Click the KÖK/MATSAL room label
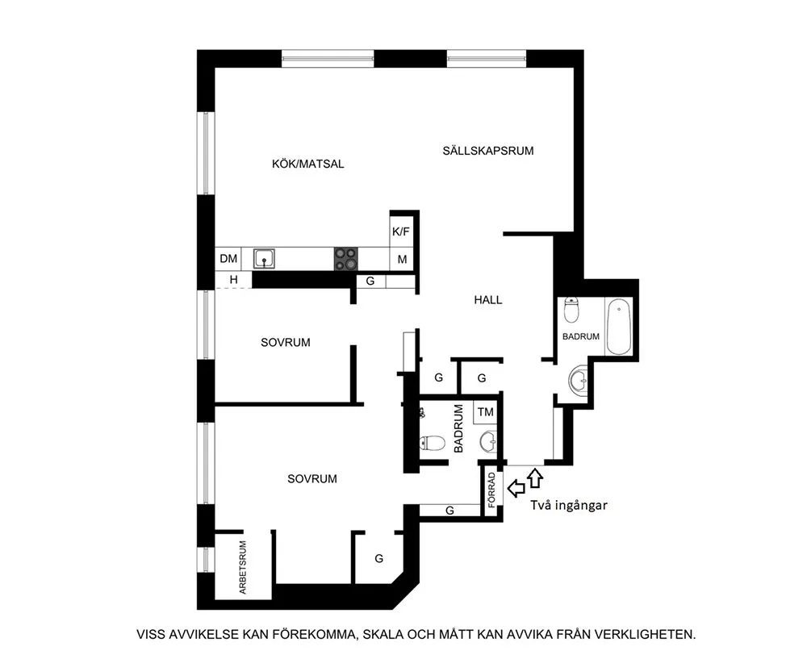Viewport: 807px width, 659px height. click(307, 164)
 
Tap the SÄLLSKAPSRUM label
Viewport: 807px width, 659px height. click(488, 151)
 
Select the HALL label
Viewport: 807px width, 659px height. click(488, 300)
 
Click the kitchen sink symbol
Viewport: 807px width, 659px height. click(264, 258)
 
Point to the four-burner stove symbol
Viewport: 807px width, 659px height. click(346, 259)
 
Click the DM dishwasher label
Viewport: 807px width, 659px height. click(228, 258)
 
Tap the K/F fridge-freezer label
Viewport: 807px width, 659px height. click(401, 232)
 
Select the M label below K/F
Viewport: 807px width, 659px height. click(403, 260)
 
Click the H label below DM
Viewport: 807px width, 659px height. click(234, 280)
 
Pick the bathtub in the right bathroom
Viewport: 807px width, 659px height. click(618, 327)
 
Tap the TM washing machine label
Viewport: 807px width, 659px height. click(485, 412)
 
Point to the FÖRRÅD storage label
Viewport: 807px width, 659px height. click(492, 490)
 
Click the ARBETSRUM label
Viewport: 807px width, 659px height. click(243, 567)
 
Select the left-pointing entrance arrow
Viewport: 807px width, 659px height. click(516, 488)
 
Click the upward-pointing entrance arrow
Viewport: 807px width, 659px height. click(536, 478)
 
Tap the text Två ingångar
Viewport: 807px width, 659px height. click(569, 506)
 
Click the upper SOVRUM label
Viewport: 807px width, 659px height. click(286, 343)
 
